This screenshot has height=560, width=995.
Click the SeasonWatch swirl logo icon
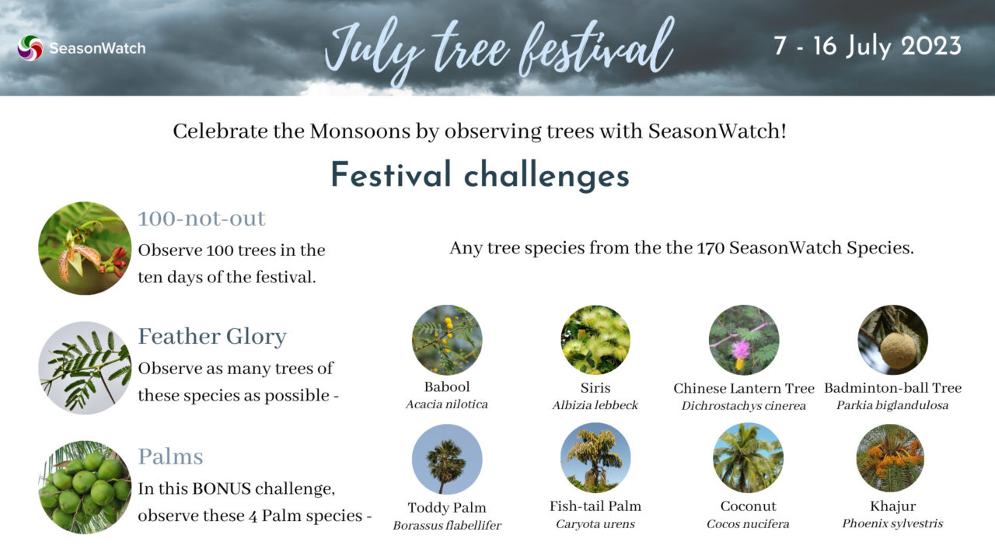[x=30, y=47]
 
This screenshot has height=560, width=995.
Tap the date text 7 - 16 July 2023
[x=867, y=45]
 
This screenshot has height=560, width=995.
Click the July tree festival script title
[x=497, y=48]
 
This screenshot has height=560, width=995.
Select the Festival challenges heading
[x=480, y=174]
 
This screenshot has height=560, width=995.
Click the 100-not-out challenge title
[x=201, y=219]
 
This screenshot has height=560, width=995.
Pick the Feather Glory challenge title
[x=212, y=337]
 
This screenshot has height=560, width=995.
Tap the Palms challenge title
[x=170, y=456]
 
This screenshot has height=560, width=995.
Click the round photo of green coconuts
[x=85, y=487]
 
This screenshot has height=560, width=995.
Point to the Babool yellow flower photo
[x=447, y=340]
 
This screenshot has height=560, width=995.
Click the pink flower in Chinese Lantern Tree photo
[x=740, y=349]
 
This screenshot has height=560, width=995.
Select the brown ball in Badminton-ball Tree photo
[x=898, y=350]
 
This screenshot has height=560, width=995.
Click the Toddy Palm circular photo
[x=447, y=459]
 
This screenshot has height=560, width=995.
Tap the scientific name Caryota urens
[x=595, y=524]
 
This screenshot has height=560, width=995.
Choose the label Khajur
[x=892, y=506]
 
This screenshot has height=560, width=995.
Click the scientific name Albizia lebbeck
[x=595, y=405]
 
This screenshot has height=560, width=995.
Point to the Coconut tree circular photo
[x=747, y=458]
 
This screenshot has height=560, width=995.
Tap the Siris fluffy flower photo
[x=595, y=340]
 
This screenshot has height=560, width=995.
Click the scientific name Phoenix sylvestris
[x=892, y=523]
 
